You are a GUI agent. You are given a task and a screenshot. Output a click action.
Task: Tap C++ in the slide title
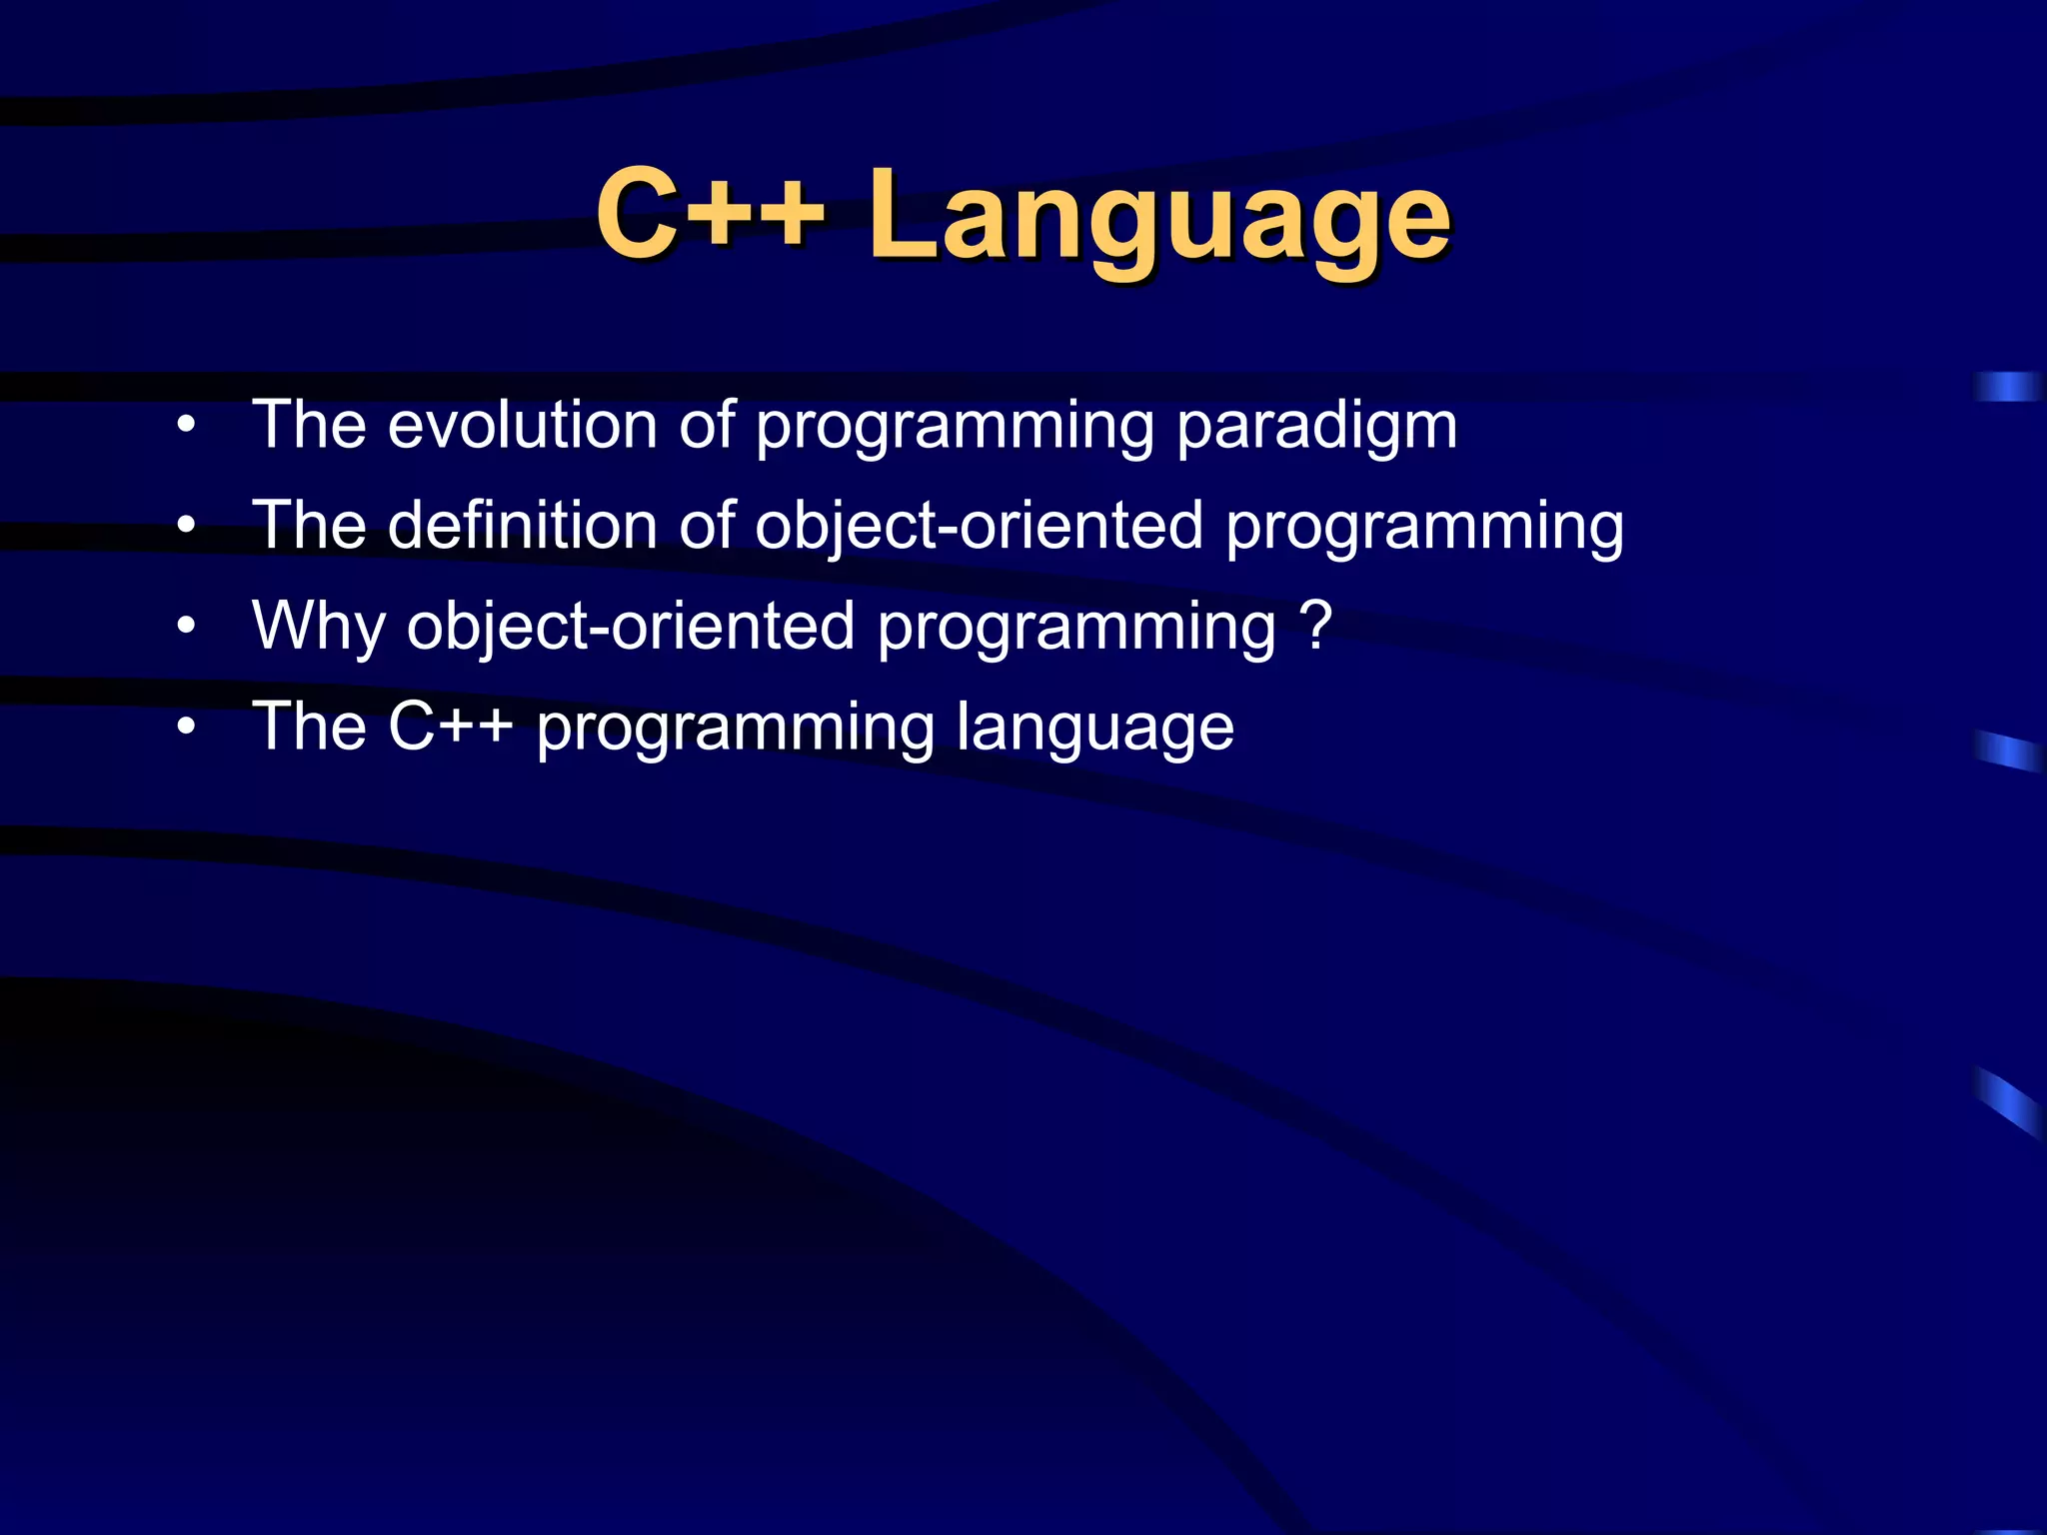[710, 212]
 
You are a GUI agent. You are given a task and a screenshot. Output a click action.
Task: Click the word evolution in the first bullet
[521, 425]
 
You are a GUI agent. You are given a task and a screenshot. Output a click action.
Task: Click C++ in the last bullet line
[450, 727]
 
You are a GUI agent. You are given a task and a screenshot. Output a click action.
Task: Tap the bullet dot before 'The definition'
[186, 527]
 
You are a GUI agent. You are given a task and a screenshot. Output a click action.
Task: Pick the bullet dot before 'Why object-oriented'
[186, 627]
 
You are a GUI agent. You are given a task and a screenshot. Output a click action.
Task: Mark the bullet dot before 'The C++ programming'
[186, 728]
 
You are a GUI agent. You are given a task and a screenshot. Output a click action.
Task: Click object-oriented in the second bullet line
[978, 527]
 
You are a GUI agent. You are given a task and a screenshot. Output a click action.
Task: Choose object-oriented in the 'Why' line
[630, 628]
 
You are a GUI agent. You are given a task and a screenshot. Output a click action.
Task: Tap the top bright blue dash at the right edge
[2007, 387]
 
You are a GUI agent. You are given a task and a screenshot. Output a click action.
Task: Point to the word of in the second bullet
[707, 525]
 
